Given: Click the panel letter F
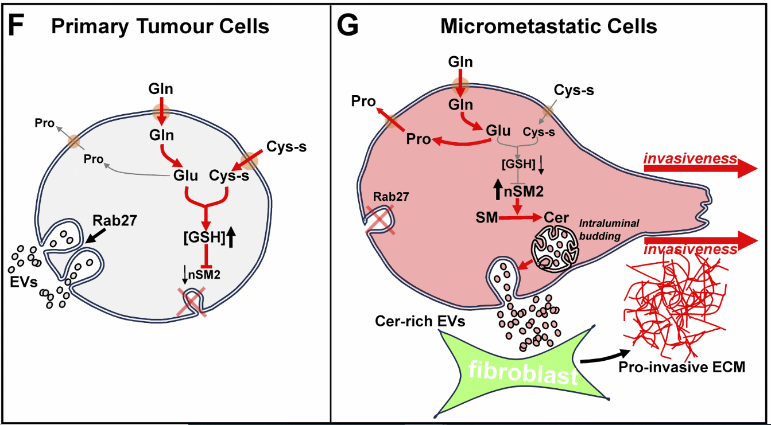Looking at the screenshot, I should click(18, 26).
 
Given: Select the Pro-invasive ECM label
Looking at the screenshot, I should click(681, 367).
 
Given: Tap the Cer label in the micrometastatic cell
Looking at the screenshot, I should click(555, 218).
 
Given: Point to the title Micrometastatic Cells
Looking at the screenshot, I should click(548, 26).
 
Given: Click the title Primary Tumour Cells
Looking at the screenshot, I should click(160, 26).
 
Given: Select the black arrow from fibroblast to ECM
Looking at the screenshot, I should click(603, 357).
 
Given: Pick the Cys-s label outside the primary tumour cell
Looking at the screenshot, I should click(286, 146).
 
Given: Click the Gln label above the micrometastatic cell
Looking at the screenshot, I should click(461, 61).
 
